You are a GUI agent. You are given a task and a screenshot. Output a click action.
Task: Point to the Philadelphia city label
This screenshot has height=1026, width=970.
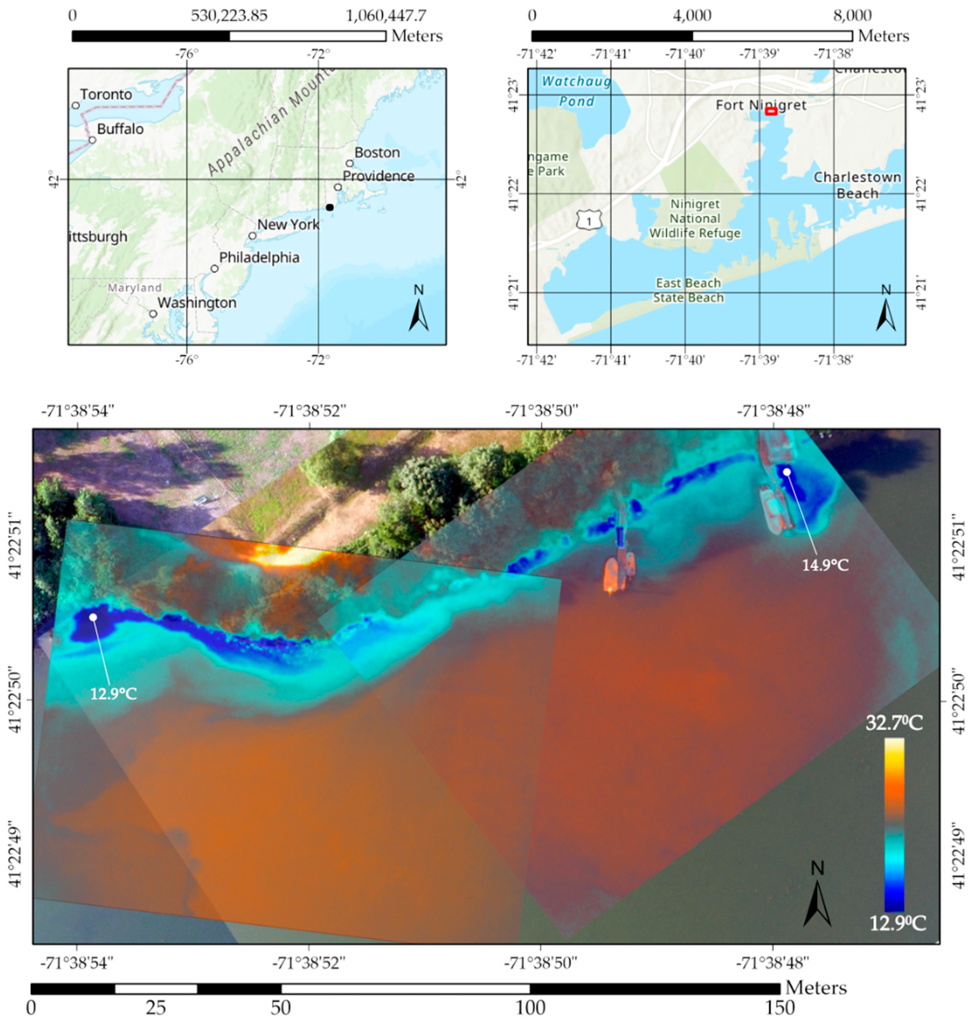click(259, 258)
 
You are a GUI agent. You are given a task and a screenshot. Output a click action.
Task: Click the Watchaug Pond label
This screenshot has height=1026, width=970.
click(577, 91)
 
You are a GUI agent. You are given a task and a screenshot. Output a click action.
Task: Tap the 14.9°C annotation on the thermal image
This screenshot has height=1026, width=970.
click(825, 565)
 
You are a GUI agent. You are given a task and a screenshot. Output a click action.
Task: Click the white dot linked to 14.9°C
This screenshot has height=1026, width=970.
click(786, 472)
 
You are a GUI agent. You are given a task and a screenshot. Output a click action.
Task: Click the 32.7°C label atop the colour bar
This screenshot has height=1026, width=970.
click(894, 723)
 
